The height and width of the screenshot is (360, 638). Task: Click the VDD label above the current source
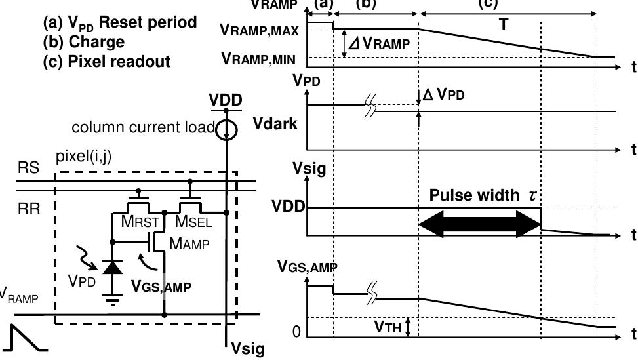click(x=226, y=100)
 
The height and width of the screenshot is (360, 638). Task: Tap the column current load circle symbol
click(x=226, y=129)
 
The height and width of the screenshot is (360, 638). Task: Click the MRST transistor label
click(x=140, y=222)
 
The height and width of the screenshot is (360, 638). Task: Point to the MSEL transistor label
click(x=193, y=222)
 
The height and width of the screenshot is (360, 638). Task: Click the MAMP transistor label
click(x=189, y=244)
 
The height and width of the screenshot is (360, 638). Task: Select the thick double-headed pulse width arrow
click(x=480, y=224)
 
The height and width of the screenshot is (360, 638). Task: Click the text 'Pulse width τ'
click(x=483, y=195)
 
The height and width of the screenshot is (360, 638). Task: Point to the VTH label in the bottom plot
click(x=387, y=326)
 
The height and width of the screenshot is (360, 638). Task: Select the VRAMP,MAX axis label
click(x=260, y=29)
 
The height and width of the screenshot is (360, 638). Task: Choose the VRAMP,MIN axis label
click(x=258, y=59)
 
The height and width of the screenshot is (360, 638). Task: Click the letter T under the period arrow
click(x=504, y=25)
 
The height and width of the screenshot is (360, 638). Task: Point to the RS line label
click(x=28, y=169)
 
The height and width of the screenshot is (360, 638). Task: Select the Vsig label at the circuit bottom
click(x=249, y=348)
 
